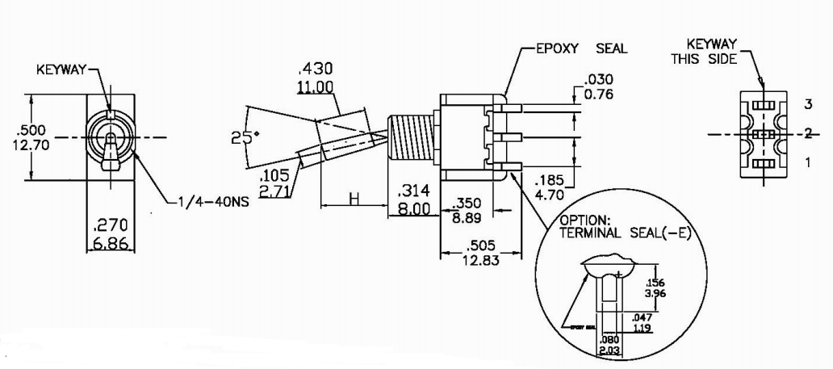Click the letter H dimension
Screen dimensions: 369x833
pyautogui.click(x=353, y=199)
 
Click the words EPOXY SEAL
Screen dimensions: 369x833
pyautogui.click(x=581, y=48)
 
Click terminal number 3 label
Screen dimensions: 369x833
pyautogui.click(x=806, y=105)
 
